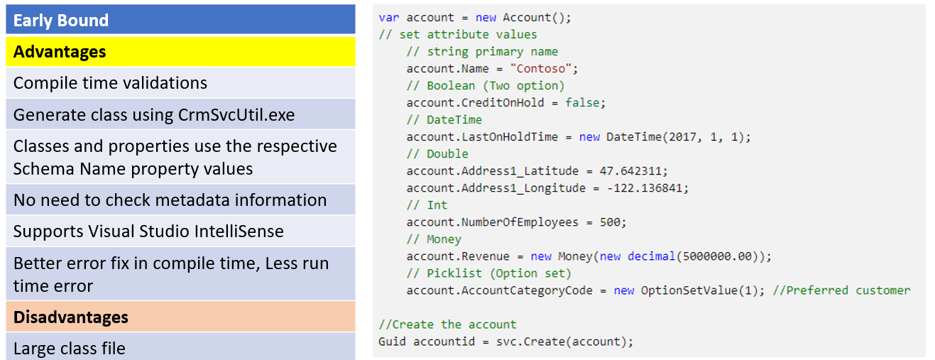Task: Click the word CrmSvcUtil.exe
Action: coord(236,115)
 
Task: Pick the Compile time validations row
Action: coord(180,82)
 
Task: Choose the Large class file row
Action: coord(180,347)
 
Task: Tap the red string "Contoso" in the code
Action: coord(540,68)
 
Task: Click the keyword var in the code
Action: coord(388,18)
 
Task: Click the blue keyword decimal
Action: coord(651,256)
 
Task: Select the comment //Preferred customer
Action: coord(841,290)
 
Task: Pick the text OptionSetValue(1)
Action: coord(699,290)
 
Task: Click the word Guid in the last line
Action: coord(392,342)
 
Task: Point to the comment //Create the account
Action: coord(447,324)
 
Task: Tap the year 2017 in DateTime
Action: coord(682,137)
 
